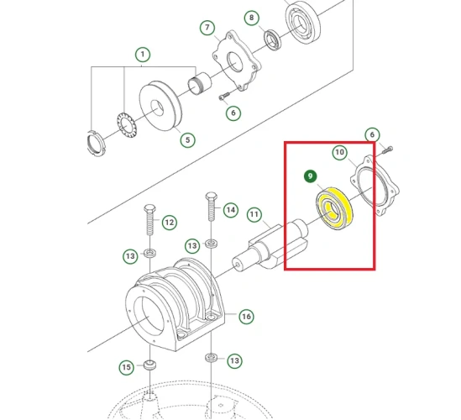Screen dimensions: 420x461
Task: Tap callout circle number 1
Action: point(142,55)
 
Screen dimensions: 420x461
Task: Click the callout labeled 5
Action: point(186,139)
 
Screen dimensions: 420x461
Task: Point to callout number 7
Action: point(207,28)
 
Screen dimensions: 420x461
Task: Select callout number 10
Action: point(340,152)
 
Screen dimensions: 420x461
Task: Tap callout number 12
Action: point(169,222)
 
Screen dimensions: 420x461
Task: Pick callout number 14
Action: point(230,210)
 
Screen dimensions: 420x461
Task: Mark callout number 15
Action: point(126,367)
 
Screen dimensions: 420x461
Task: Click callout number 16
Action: point(246,317)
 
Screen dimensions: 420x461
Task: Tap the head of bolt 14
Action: point(209,197)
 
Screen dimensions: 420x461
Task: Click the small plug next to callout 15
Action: point(150,365)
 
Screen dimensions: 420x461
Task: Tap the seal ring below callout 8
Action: point(274,39)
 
